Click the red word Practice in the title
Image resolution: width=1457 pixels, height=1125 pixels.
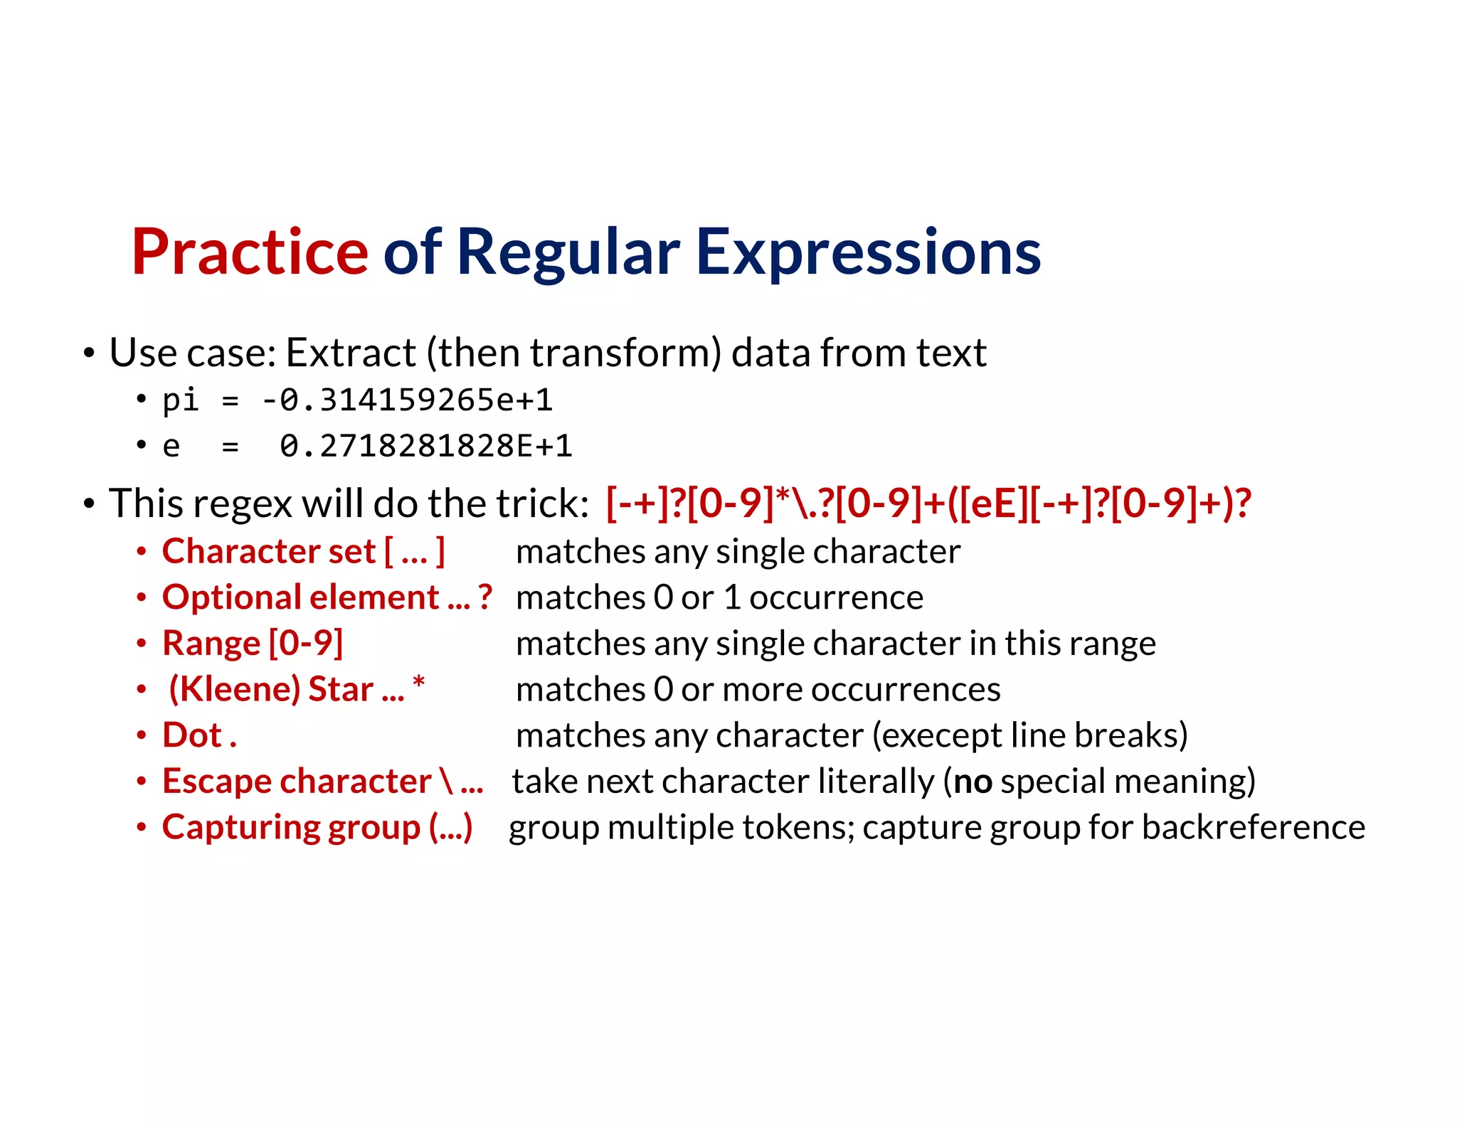[x=250, y=252]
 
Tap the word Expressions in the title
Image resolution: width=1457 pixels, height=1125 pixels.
[x=868, y=252]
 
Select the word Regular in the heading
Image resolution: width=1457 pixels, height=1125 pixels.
[x=568, y=252]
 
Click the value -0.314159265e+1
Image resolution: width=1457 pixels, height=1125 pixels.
[x=407, y=400]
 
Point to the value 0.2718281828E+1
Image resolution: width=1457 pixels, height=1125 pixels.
[x=425, y=447]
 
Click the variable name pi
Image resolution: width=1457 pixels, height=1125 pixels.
[x=180, y=400]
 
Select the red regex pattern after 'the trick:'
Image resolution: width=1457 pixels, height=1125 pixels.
[x=928, y=503]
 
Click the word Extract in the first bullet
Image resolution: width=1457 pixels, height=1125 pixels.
[x=351, y=353]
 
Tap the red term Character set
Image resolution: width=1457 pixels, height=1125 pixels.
[x=269, y=552]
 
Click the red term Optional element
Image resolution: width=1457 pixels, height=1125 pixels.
[x=300, y=597]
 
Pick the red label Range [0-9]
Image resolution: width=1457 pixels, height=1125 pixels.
[x=253, y=644]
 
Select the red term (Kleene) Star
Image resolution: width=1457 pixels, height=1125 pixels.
[x=270, y=689]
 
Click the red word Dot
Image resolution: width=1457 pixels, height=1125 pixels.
[x=192, y=735]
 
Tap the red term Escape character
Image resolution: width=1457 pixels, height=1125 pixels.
[x=297, y=782]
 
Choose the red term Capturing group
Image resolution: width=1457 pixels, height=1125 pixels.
[x=291, y=828]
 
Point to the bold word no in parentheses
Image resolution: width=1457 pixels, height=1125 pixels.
[x=973, y=782]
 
